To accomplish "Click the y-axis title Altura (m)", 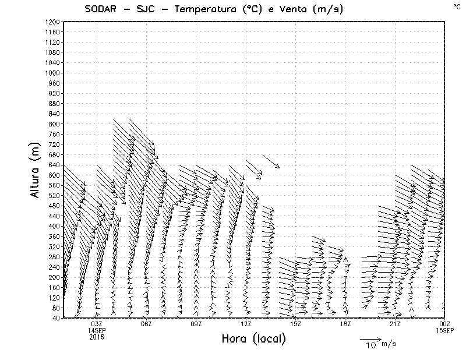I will (36, 170).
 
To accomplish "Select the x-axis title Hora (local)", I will (253, 339).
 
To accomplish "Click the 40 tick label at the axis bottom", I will (55, 318).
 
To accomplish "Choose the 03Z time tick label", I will (97, 324).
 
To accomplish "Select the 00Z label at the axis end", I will (444, 324).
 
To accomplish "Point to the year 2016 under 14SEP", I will (97, 337).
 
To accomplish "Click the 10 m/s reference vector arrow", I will (369, 338).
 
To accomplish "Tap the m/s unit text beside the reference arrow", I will (388, 344).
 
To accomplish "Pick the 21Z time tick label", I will (395, 324).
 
